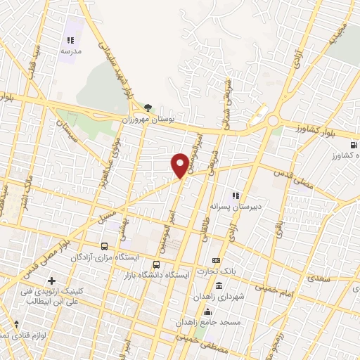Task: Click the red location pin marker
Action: coord(180,165)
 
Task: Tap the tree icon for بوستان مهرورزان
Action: coord(148,108)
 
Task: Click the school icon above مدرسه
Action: coord(70,40)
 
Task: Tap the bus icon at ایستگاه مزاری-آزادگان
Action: coord(104,246)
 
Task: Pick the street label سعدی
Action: coord(318,278)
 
